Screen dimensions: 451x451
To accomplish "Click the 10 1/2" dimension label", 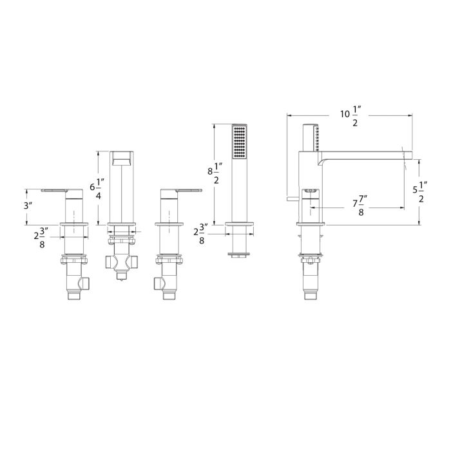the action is [351, 116].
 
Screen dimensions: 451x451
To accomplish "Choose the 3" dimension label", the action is [28, 206].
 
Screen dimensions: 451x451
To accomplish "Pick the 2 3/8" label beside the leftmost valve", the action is [41, 238].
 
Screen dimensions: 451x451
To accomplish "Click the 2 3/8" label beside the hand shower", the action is [201, 234].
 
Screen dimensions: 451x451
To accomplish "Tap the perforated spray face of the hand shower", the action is [239, 142].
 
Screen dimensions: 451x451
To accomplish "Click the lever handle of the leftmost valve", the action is [55, 191].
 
